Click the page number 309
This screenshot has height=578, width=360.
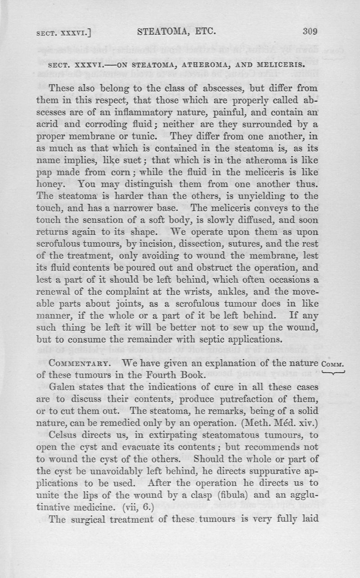310,32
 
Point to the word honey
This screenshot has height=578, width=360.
63,184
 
